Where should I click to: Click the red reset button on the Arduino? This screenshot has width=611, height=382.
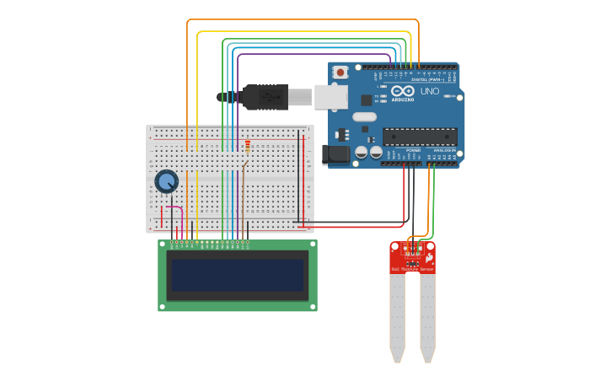(340, 73)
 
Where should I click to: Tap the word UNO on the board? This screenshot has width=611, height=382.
(429, 90)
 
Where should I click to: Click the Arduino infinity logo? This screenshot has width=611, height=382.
(402, 90)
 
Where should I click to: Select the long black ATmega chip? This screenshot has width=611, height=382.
(420, 137)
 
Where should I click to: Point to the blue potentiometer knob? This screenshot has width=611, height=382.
(167, 181)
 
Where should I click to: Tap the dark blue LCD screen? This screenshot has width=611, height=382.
(237, 275)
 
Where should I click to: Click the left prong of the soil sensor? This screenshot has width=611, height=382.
(397, 316)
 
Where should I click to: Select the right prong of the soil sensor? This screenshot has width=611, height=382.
(427, 316)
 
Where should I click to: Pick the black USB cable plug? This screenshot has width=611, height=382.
(265, 97)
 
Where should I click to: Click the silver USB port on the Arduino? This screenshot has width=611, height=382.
(330, 97)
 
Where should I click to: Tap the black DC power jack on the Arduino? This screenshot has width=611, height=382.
(335, 154)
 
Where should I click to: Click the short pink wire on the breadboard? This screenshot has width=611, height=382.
(174, 207)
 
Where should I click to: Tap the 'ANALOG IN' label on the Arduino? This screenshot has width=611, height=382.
(443, 149)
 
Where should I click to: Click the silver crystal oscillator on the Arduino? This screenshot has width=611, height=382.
(364, 117)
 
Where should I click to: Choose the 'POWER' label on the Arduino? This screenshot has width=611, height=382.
(413, 149)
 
